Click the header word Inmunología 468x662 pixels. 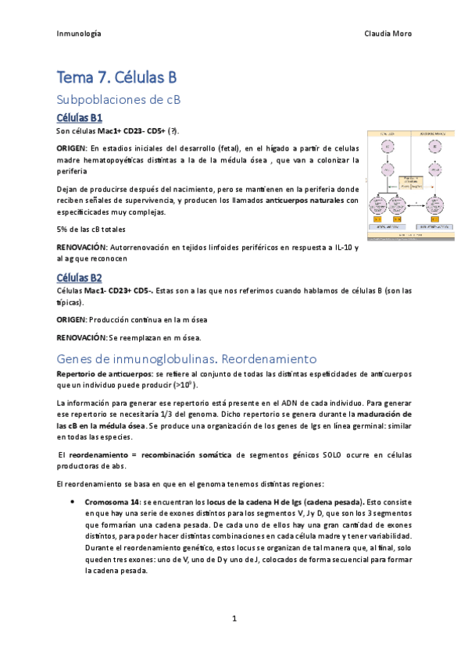(x=79, y=34)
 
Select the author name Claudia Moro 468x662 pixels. (x=388, y=34)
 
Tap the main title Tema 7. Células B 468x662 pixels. (x=117, y=77)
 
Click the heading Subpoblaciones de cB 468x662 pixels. (x=119, y=100)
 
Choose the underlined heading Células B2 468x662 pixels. (x=80, y=278)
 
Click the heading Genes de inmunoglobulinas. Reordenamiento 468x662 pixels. (x=187, y=359)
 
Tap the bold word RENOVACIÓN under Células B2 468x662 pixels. (x=81, y=337)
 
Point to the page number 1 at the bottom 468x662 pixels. (x=234, y=618)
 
